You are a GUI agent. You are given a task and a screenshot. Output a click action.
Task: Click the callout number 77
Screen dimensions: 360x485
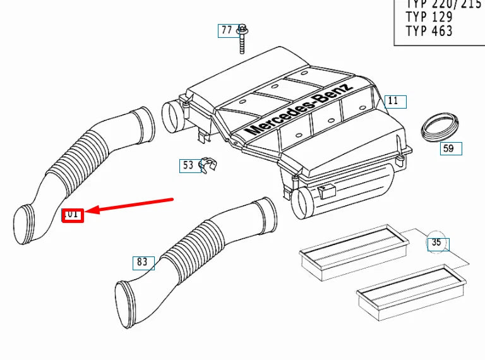(226, 30)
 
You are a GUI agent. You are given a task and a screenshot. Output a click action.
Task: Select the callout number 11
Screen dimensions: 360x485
(393, 101)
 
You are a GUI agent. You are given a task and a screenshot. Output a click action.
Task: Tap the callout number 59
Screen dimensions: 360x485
(448, 149)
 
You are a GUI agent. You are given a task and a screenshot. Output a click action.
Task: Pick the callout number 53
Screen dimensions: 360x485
(188, 165)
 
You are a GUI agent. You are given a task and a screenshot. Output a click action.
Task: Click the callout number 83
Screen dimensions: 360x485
(142, 262)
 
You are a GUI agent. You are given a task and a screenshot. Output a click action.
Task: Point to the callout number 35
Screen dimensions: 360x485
(436, 243)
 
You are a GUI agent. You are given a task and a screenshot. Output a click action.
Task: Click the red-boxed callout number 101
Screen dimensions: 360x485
(72, 214)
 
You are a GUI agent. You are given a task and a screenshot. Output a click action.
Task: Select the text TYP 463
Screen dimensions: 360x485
(429, 30)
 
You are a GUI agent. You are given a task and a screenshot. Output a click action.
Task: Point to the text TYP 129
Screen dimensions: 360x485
(429, 16)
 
